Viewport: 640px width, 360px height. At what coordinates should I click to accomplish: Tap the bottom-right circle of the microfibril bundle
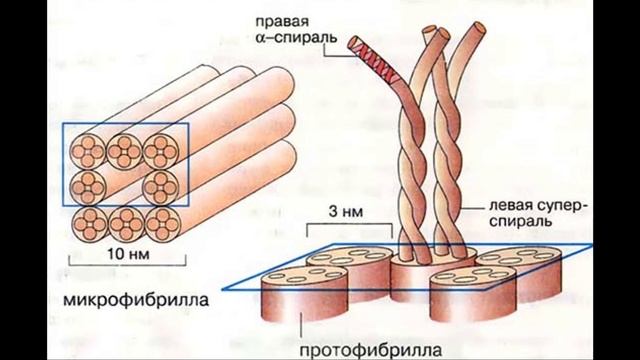pos(160,219)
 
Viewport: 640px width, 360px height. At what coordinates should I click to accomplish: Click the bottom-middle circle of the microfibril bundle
pos(125,219)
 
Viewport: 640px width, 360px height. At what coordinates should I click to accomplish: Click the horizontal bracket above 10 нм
pos(127,265)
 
